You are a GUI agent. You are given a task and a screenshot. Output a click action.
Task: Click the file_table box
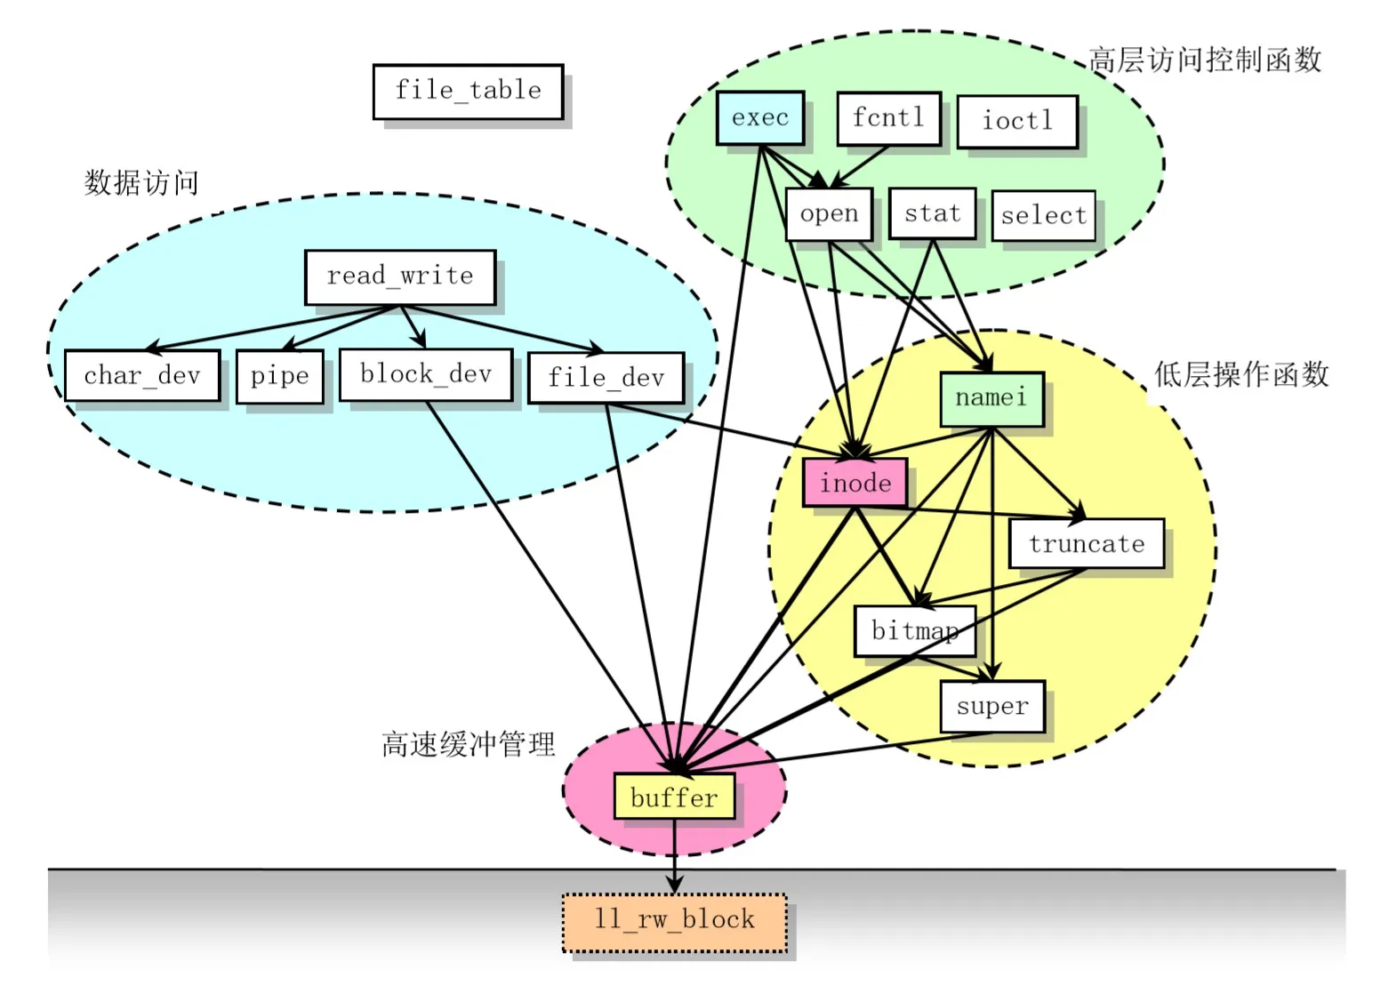point(468,91)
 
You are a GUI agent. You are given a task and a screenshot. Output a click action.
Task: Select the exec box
point(760,117)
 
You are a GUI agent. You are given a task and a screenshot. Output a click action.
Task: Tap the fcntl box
point(888,117)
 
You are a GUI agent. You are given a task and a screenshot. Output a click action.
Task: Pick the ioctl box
point(1017,121)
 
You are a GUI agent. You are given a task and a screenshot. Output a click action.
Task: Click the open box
point(829,213)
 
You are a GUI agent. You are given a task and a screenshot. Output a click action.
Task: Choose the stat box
point(932,213)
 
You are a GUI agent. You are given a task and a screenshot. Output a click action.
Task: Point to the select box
point(1043,216)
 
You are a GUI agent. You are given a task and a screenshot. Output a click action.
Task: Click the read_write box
point(399,276)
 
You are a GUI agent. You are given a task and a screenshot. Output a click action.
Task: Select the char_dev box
point(142,375)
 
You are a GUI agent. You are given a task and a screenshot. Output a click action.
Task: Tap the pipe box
point(279,376)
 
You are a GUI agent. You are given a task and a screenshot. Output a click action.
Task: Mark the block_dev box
point(426,374)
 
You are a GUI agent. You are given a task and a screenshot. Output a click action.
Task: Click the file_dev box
point(606,378)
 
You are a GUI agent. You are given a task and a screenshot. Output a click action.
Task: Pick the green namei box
point(991,398)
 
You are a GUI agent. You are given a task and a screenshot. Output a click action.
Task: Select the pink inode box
point(855,483)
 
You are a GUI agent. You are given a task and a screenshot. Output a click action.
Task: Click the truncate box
point(1086,543)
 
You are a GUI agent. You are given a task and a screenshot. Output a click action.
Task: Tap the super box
point(992,707)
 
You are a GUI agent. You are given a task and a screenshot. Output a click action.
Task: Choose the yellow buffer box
point(674,797)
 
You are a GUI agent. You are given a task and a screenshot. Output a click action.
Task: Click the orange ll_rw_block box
point(674,921)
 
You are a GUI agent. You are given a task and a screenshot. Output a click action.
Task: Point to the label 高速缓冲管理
point(468,744)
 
